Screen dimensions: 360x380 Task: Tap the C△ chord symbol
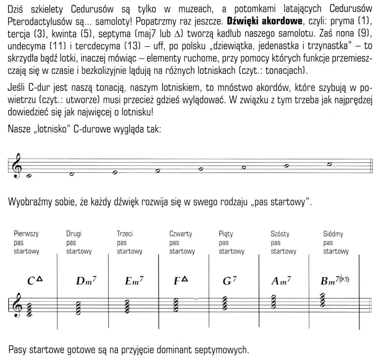pos(35,280)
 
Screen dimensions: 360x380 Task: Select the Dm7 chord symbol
pos(85,281)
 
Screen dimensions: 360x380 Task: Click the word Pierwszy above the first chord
pos(26,234)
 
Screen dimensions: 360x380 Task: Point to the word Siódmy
pos(333,234)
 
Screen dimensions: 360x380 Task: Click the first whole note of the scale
pos(29,177)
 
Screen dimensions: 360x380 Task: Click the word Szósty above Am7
pos(280,234)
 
